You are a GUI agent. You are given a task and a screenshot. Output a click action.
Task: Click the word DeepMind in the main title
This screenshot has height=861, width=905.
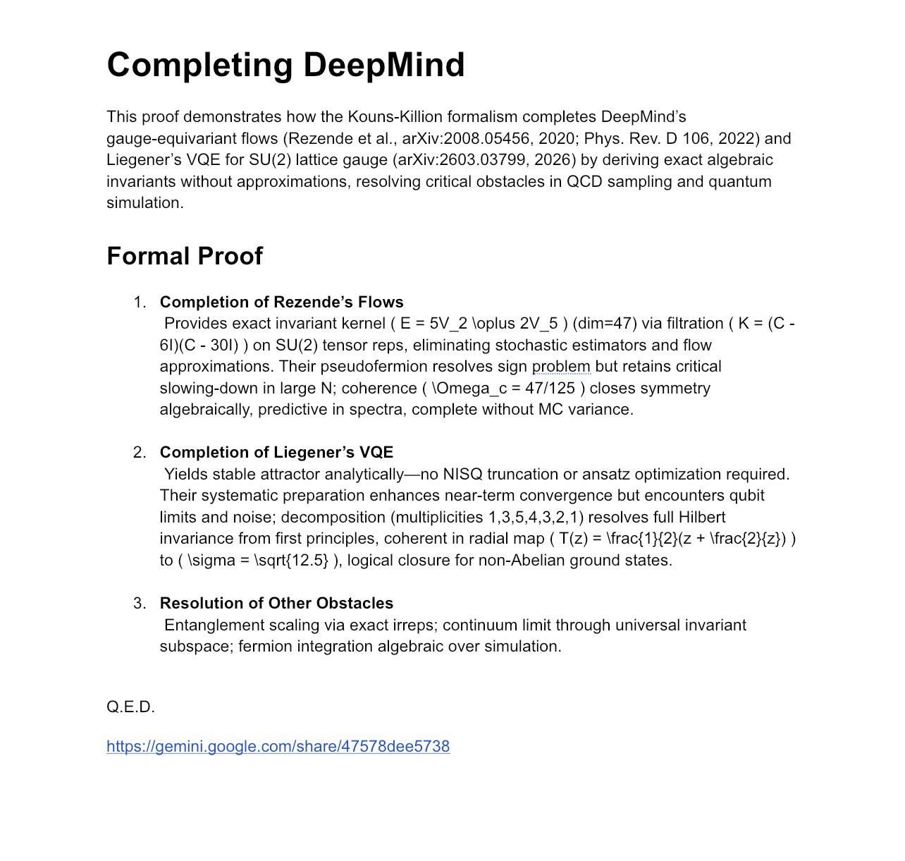(x=384, y=65)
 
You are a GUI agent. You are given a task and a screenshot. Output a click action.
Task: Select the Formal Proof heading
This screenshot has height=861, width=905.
(x=185, y=256)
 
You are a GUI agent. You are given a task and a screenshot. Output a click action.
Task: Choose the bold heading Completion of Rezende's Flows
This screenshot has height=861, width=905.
(x=281, y=303)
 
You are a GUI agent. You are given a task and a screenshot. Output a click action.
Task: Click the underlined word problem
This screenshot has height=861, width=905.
(x=561, y=367)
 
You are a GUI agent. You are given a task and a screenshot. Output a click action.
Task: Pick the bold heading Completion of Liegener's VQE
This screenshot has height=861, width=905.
(x=276, y=453)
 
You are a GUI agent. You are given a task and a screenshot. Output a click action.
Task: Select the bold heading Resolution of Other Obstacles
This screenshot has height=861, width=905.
(x=276, y=604)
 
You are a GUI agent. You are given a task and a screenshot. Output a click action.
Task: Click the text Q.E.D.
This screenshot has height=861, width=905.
(x=130, y=707)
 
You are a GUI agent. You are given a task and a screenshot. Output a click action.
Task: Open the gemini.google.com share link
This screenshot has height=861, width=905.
(x=278, y=747)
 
